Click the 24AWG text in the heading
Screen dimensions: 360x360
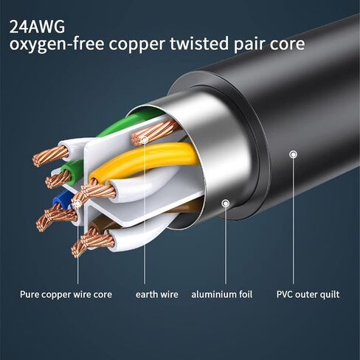[x=37, y=27]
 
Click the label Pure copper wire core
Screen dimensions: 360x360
[x=66, y=294]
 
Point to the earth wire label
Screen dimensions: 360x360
[x=157, y=294]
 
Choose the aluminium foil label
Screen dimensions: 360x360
[x=222, y=294]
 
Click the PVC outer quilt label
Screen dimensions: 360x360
[x=308, y=294]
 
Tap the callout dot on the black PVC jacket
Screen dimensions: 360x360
[x=293, y=154]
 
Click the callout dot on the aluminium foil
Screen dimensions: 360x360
[x=226, y=204]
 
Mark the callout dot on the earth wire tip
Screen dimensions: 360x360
[x=145, y=140]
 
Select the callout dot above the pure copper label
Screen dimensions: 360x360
[x=77, y=204]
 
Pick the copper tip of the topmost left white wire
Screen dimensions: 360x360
[x=51, y=156]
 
